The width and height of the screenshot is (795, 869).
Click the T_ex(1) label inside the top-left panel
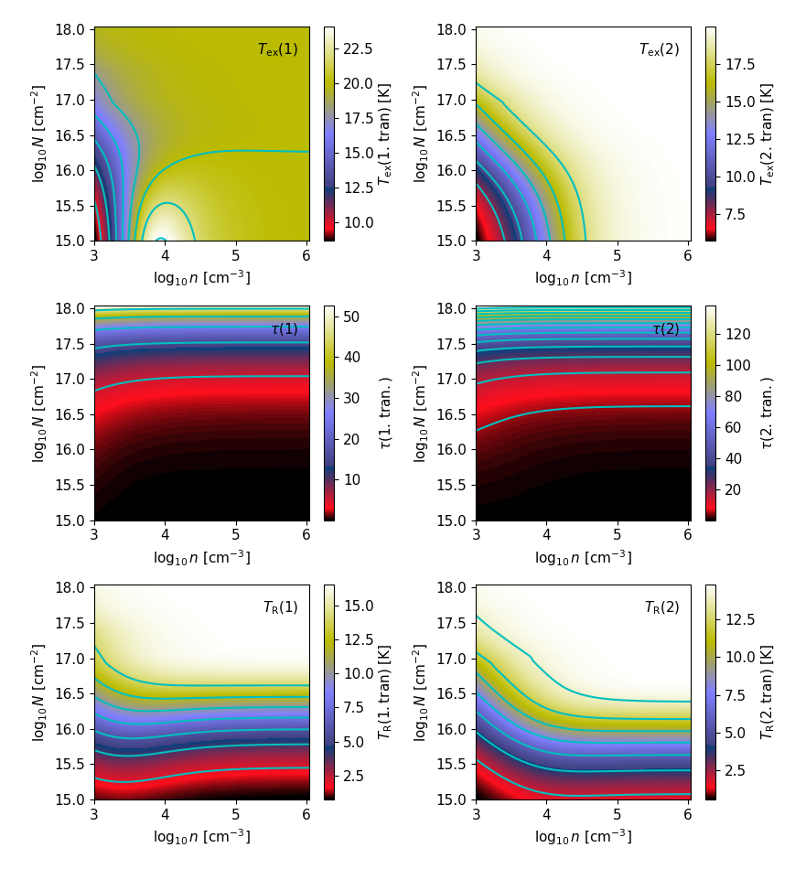(277, 49)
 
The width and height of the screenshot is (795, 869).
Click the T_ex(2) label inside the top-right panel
(659, 49)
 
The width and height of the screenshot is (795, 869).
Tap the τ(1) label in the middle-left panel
(284, 328)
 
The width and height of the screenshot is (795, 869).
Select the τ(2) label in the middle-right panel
(665, 328)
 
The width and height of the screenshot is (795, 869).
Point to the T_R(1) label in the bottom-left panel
(280, 607)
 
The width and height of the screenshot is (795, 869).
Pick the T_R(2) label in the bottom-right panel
(661, 607)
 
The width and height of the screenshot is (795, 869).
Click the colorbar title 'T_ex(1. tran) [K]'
(385, 134)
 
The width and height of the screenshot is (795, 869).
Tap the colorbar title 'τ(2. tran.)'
(767, 413)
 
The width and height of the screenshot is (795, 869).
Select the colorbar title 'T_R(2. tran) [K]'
(767, 692)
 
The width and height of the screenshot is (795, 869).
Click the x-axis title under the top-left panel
(201, 277)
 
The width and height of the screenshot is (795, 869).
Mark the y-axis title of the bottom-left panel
(38, 692)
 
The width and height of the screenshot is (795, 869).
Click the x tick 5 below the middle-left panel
(235, 532)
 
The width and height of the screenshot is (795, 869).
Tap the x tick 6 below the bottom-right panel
(687, 811)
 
